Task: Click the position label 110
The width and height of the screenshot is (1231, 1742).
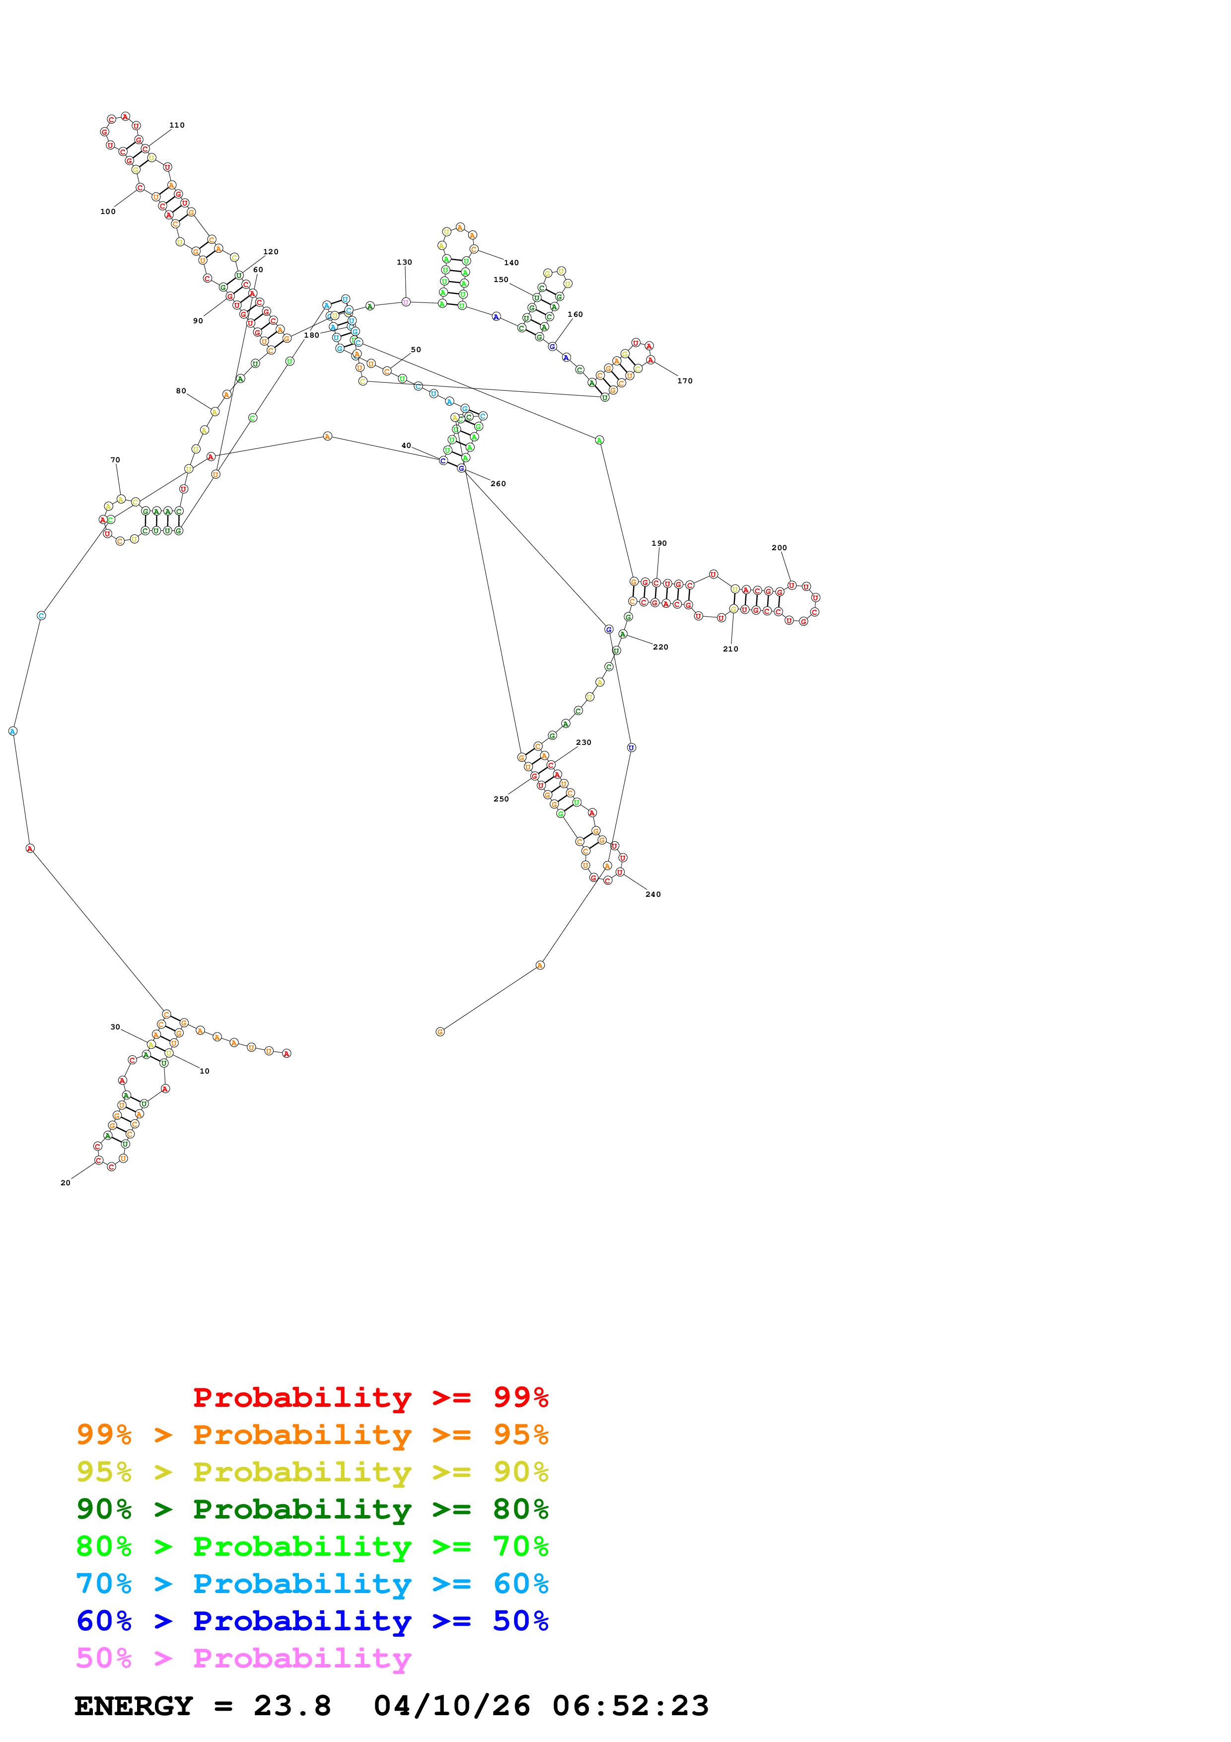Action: pyautogui.click(x=177, y=125)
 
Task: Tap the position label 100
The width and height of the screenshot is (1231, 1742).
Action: pyautogui.click(x=108, y=212)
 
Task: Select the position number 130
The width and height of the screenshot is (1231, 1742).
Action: pyautogui.click(x=404, y=263)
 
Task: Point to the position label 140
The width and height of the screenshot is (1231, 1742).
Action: pyautogui.click(x=511, y=263)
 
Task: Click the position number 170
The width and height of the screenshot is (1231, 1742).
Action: pyautogui.click(x=685, y=381)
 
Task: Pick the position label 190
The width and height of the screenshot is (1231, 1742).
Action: pyautogui.click(x=659, y=543)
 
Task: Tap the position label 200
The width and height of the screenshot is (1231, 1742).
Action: pyautogui.click(x=779, y=548)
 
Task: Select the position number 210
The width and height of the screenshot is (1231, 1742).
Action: pyautogui.click(x=730, y=650)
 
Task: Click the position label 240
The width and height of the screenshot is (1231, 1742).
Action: pyautogui.click(x=653, y=894)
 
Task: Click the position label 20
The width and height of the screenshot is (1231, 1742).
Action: pyautogui.click(x=65, y=1183)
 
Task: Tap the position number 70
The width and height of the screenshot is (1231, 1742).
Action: pyautogui.click(x=115, y=460)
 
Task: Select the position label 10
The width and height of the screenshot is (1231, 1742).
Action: pyautogui.click(x=205, y=1071)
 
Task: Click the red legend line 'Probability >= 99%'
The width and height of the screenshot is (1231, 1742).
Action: pyautogui.click(x=370, y=1397)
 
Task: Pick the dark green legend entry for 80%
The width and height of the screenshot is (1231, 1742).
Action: pyautogui.click(x=312, y=1509)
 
